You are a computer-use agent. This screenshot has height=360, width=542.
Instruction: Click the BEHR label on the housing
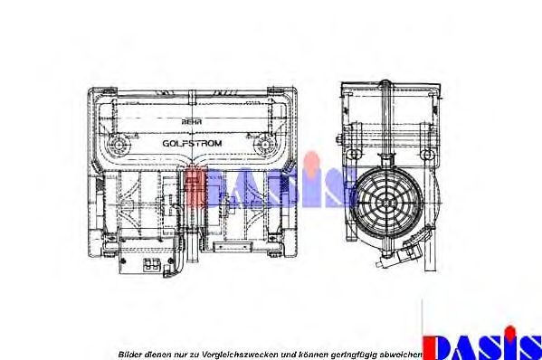pyautogui.click(x=192, y=121)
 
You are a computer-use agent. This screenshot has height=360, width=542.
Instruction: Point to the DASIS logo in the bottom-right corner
pyautogui.click(x=482, y=346)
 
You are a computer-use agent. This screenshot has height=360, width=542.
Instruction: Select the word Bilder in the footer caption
pyautogui.click(x=130, y=353)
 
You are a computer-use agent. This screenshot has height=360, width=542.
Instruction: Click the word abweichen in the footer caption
pyautogui.click(x=399, y=353)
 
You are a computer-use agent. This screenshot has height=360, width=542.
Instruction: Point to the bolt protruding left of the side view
pyautogui.click(x=337, y=140)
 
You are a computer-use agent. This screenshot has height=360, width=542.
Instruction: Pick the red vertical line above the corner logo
pyautogui.click(x=423, y=317)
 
